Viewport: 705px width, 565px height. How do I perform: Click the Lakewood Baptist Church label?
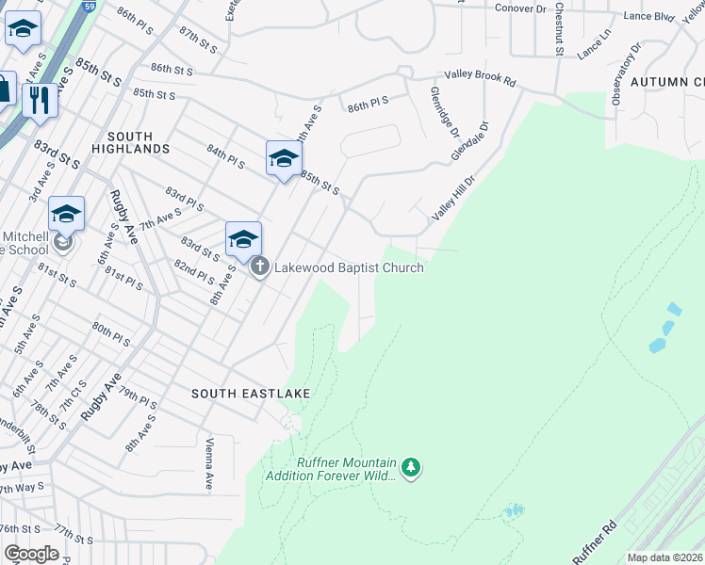[348, 267]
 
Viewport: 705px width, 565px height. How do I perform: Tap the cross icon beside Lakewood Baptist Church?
[260, 267]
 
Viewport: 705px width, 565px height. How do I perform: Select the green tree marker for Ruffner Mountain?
[410, 467]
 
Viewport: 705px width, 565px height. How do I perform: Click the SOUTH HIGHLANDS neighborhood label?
[131, 149]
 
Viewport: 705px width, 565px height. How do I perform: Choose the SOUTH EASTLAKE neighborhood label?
[251, 393]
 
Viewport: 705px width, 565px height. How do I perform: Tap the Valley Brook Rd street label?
[482, 82]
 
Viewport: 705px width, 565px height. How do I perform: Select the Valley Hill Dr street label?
[450, 199]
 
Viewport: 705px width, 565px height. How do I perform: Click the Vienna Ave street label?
[209, 464]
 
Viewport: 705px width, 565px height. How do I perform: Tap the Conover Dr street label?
[521, 8]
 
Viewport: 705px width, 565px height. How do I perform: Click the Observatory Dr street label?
[625, 73]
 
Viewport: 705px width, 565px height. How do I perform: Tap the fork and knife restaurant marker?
[40, 100]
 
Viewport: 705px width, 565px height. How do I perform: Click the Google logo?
[31, 554]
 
